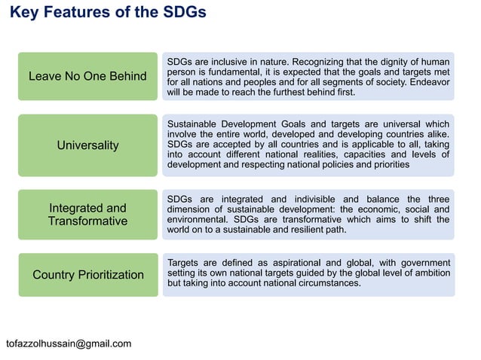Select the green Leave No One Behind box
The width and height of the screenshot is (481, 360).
click(x=87, y=76)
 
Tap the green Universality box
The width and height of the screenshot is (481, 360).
click(x=87, y=145)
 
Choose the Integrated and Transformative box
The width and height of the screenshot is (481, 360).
click(x=87, y=214)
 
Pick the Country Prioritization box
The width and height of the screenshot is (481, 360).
click(x=87, y=274)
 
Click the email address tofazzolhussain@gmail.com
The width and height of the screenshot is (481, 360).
click(x=69, y=343)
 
